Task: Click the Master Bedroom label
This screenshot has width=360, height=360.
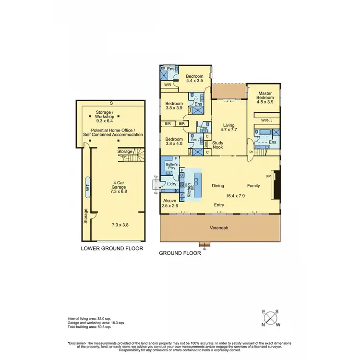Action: click(265, 97)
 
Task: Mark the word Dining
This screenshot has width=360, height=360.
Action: click(217, 185)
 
